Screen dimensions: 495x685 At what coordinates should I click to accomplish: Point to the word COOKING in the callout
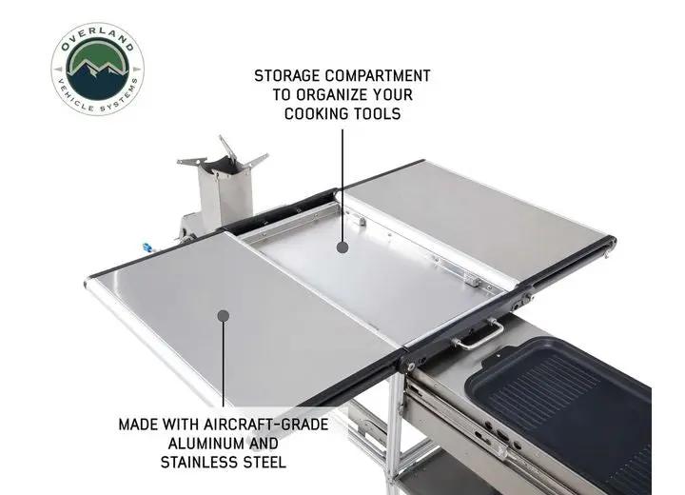(x=318, y=113)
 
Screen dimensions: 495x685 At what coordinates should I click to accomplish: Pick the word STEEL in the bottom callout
(x=264, y=463)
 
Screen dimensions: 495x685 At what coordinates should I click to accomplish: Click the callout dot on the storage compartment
(x=342, y=247)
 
